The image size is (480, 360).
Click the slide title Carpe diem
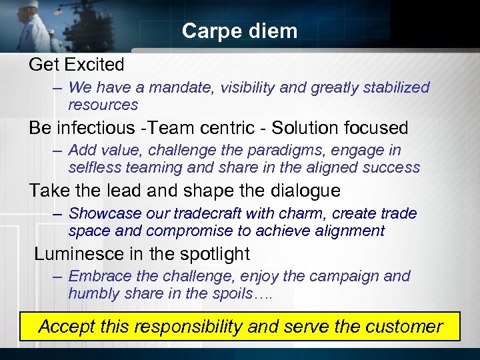(239, 31)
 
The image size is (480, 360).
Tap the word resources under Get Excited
(103, 105)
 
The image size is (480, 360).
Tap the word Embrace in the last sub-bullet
(97, 276)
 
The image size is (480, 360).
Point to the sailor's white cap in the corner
(28, 5)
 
